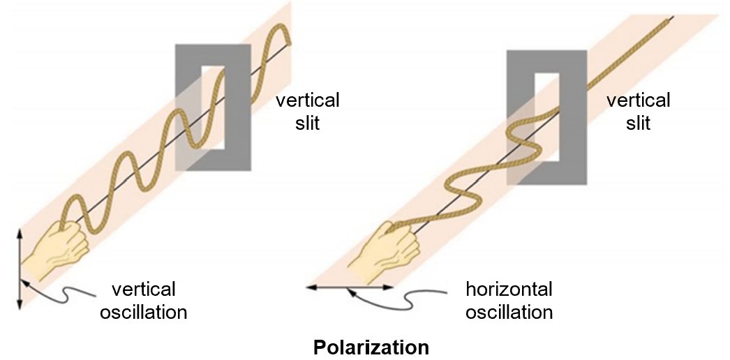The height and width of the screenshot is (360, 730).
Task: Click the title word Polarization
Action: [x=371, y=347]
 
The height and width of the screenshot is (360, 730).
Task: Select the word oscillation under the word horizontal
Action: [x=509, y=311]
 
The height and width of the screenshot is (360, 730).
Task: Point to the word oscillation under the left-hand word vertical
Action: [x=144, y=311]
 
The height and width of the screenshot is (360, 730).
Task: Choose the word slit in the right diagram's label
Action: [x=638, y=123]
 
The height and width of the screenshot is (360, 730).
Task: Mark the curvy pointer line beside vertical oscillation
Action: [x=59, y=296]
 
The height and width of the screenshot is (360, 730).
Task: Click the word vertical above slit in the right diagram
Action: [x=638, y=100]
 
